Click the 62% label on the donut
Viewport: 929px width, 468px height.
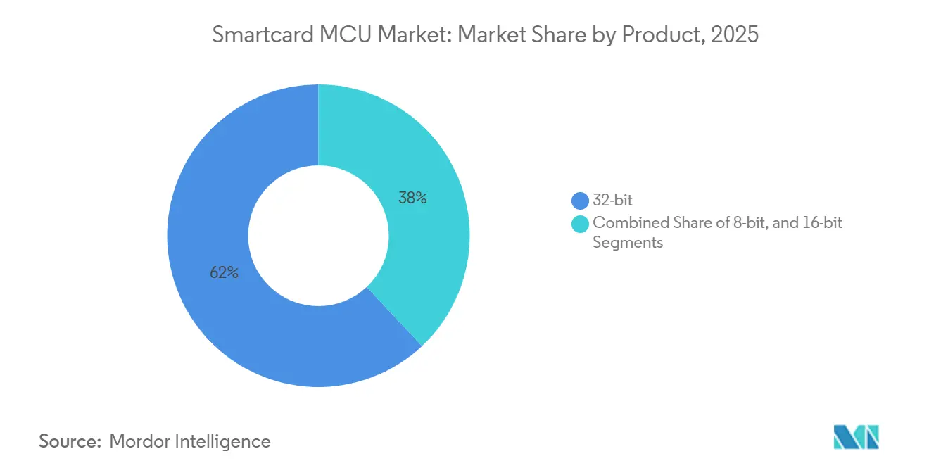tap(224, 273)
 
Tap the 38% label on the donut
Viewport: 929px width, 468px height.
tap(412, 198)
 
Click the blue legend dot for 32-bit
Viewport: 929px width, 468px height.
tap(581, 201)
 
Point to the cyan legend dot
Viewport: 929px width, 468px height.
tap(581, 224)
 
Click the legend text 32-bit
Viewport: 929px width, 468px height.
tap(613, 201)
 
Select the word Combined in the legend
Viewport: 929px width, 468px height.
tap(621, 223)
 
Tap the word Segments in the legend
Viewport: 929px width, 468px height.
tap(628, 242)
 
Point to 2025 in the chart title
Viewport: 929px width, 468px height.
tap(735, 35)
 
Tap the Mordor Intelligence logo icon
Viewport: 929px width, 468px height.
tap(857, 437)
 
